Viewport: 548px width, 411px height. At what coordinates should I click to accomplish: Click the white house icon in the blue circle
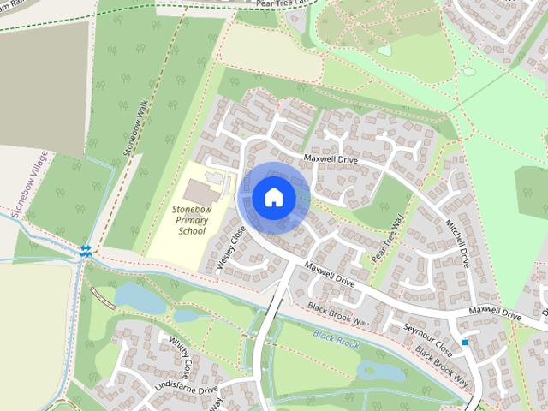click(273, 198)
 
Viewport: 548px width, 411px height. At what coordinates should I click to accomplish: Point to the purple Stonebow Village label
click(25, 183)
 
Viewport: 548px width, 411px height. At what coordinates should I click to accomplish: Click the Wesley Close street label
click(231, 248)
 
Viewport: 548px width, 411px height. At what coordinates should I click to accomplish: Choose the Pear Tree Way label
click(386, 238)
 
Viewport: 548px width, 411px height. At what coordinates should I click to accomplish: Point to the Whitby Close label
click(179, 356)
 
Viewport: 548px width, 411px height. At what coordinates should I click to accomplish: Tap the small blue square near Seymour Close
click(465, 342)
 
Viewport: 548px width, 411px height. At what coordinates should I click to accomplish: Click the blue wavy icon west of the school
click(86, 250)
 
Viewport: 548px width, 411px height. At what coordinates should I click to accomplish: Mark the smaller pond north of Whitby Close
click(190, 314)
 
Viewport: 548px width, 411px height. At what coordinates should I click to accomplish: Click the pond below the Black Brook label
click(377, 371)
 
